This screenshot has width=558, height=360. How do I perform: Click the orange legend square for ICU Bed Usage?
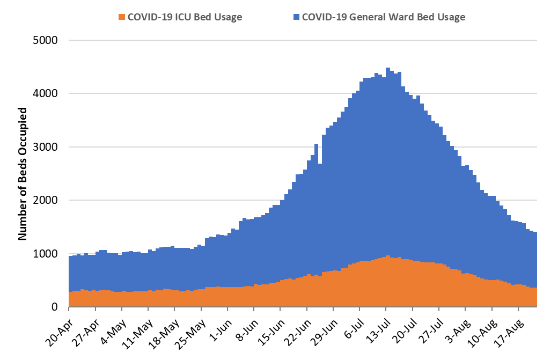pos(122,17)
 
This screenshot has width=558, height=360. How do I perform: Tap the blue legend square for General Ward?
pos(296,17)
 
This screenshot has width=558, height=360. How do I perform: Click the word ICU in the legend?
pos(182,17)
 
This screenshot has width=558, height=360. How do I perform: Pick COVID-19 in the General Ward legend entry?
pos(325,17)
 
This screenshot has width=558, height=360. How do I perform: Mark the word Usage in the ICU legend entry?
pos(228,17)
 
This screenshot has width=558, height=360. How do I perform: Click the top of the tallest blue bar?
pos(388,69)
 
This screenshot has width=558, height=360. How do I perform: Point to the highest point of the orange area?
pos(388,256)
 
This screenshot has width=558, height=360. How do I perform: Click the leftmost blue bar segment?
pos(71,274)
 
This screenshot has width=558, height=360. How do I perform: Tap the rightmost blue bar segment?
pos(535,260)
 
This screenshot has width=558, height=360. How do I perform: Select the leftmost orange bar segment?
pos(71,299)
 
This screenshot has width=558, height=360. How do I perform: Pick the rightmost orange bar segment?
pos(535,297)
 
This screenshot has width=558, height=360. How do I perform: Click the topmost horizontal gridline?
pos(303,40)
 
